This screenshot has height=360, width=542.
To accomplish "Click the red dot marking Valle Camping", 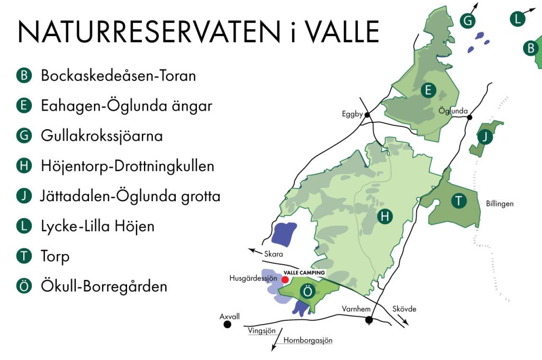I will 285,279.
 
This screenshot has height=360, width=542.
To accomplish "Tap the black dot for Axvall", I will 228,325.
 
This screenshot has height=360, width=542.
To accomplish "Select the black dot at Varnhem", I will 369,320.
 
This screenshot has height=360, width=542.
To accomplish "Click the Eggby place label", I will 353,113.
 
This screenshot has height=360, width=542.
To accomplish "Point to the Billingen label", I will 500,203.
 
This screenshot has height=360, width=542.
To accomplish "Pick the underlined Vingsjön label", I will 262,331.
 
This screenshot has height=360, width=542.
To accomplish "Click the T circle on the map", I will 458,201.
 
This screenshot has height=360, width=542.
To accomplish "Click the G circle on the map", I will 467,21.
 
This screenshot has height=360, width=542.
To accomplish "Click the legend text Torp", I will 55,257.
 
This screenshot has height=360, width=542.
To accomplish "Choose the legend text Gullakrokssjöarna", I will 102,136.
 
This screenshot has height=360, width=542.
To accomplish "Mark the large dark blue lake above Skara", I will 285,235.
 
